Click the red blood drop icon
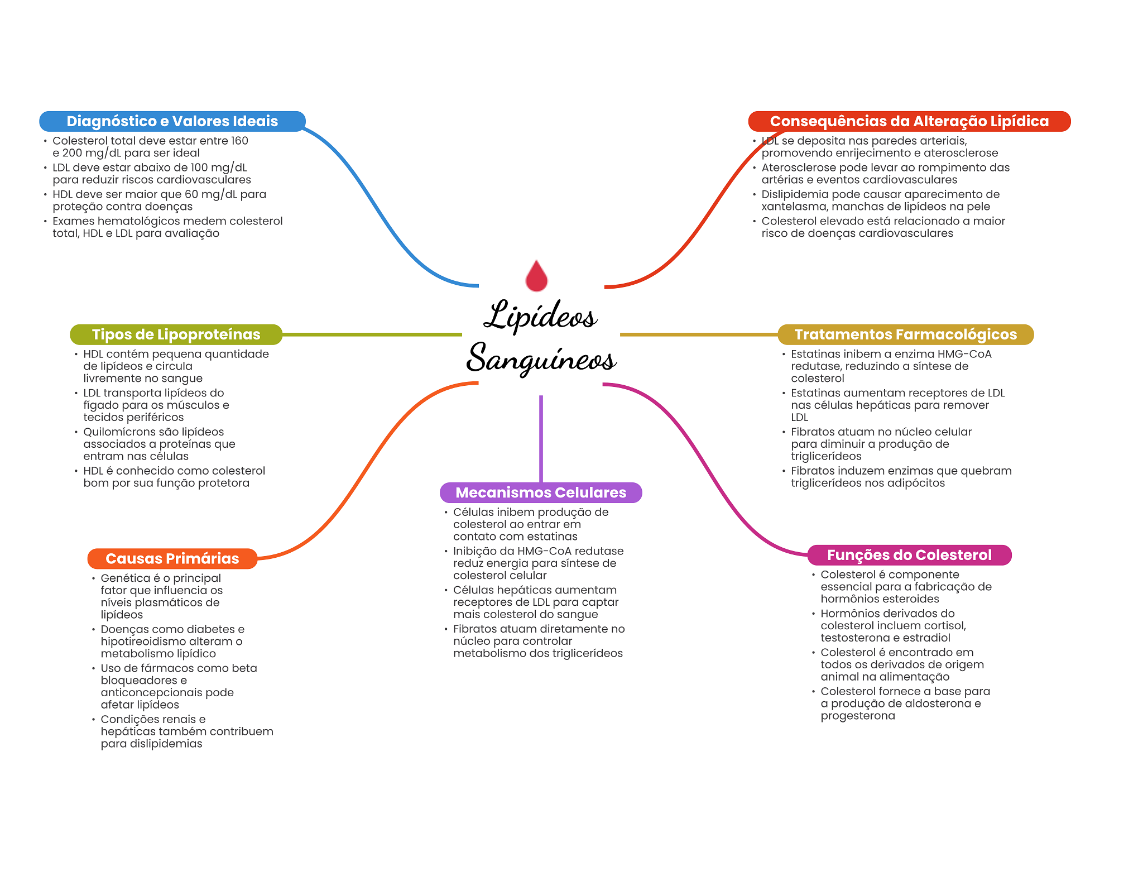click(536, 276)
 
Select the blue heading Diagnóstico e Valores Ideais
click(172, 121)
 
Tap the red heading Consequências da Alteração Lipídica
click(909, 121)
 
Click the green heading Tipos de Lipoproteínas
click(176, 334)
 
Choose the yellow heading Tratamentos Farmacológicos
click(905, 334)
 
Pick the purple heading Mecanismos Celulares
click(541, 492)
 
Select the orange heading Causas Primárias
click(172, 558)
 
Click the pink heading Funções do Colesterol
click(909, 555)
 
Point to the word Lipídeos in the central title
click(540, 315)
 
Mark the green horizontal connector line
click(372, 334)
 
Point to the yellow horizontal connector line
click(698, 334)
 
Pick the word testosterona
click(854, 638)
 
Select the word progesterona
click(858, 716)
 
